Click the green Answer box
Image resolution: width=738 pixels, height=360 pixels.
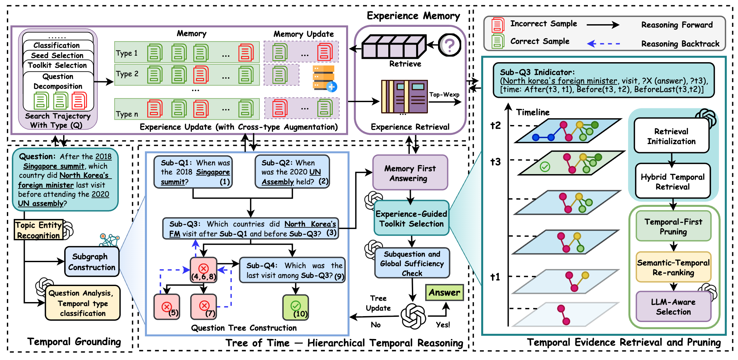(444, 292)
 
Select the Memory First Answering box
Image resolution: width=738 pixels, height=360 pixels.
(410, 173)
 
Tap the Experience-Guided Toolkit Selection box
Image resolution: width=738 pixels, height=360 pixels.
(411, 218)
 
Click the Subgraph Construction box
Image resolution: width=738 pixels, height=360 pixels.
(92, 261)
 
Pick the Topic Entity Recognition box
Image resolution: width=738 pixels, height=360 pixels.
(39, 230)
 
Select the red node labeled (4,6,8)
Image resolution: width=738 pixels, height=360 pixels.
(203, 270)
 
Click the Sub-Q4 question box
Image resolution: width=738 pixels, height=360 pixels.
(292, 270)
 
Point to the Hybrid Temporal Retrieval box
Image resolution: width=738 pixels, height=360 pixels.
(673, 181)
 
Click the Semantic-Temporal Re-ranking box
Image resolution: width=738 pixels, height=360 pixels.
(673, 267)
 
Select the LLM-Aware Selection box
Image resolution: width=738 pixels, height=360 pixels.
(673, 307)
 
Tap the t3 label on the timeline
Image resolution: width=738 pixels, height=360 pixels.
(495, 162)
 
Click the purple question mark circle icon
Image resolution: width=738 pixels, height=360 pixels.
(449, 45)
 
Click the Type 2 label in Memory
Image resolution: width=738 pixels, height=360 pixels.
(127, 74)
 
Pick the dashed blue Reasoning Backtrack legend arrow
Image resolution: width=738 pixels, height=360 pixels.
(604, 44)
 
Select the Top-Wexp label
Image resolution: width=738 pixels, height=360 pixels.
(444, 95)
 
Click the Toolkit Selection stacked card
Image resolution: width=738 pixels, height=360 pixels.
(58, 65)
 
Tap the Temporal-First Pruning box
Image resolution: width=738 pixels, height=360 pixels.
(673, 226)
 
